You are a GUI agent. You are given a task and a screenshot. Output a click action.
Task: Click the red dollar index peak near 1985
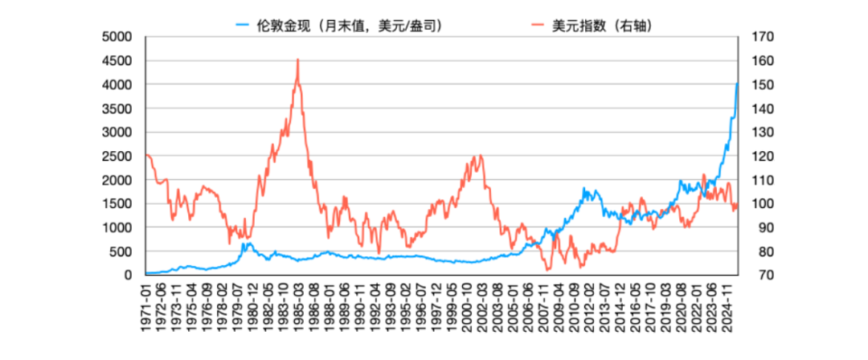coord(298,59)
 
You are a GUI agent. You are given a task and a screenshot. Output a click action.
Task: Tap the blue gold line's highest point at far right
coord(738,84)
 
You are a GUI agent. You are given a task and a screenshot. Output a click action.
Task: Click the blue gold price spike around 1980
coord(245,243)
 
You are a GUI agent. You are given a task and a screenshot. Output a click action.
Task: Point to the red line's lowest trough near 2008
coord(548,269)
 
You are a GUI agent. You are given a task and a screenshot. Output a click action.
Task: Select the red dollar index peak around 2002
coord(481,155)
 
